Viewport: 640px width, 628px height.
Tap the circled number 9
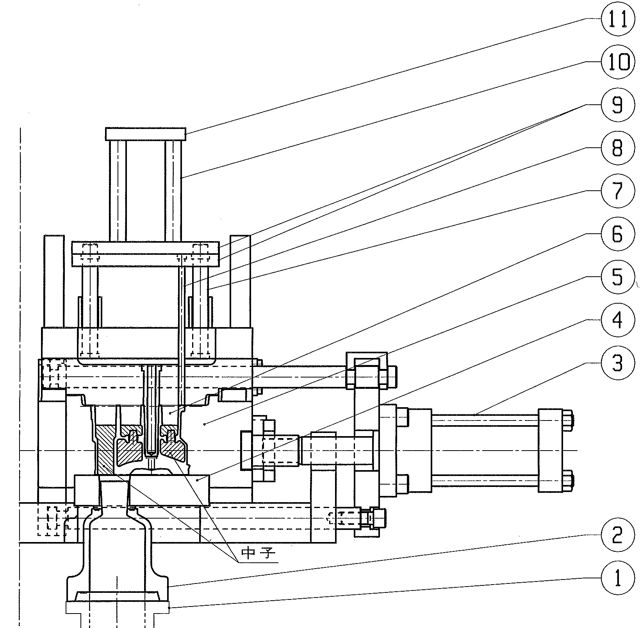(x=617, y=106)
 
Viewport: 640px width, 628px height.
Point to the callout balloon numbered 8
(x=617, y=149)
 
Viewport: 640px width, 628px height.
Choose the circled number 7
(x=617, y=191)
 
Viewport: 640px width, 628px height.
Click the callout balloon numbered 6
(x=617, y=234)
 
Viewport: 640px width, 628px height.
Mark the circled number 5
(x=617, y=277)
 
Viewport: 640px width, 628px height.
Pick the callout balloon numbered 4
(x=617, y=320)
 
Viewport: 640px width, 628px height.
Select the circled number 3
(x=617, y=363)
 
